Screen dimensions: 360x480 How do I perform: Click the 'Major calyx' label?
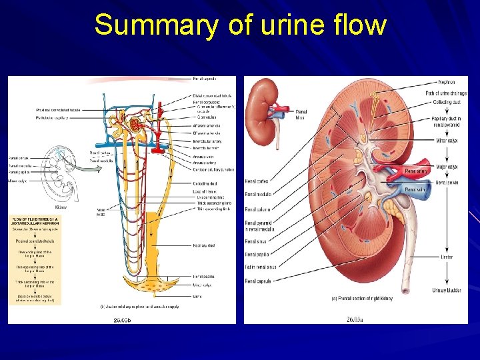447,167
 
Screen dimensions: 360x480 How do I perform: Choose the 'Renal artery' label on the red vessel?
417,171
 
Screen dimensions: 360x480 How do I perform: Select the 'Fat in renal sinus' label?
261,267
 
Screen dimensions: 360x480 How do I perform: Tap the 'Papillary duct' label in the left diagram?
203,245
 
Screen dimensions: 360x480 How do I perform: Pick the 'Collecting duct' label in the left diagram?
203,183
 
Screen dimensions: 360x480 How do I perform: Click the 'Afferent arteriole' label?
206,125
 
